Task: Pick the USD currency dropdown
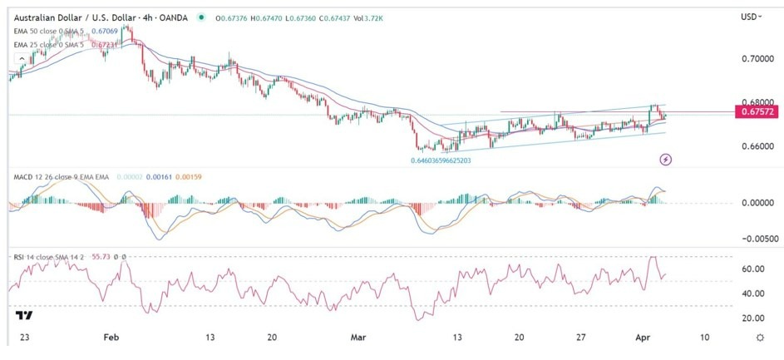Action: pyautogui.click(x=752, y=16)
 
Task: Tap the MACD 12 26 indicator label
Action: pyautogui.click(x=37, y=177)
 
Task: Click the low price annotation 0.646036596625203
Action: pyautogui.click(x=453, y=160)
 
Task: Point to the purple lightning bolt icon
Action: pyautogui.click(x=666, y=158)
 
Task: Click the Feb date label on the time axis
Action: pyautogui.click(x=111, y=338)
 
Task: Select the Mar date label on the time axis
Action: pyautogui.click(x=358, y=338)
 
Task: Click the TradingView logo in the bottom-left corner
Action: pyautogui.click(x=24, y=316)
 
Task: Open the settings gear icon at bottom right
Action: pyautogui.click(x=759, y=338)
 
